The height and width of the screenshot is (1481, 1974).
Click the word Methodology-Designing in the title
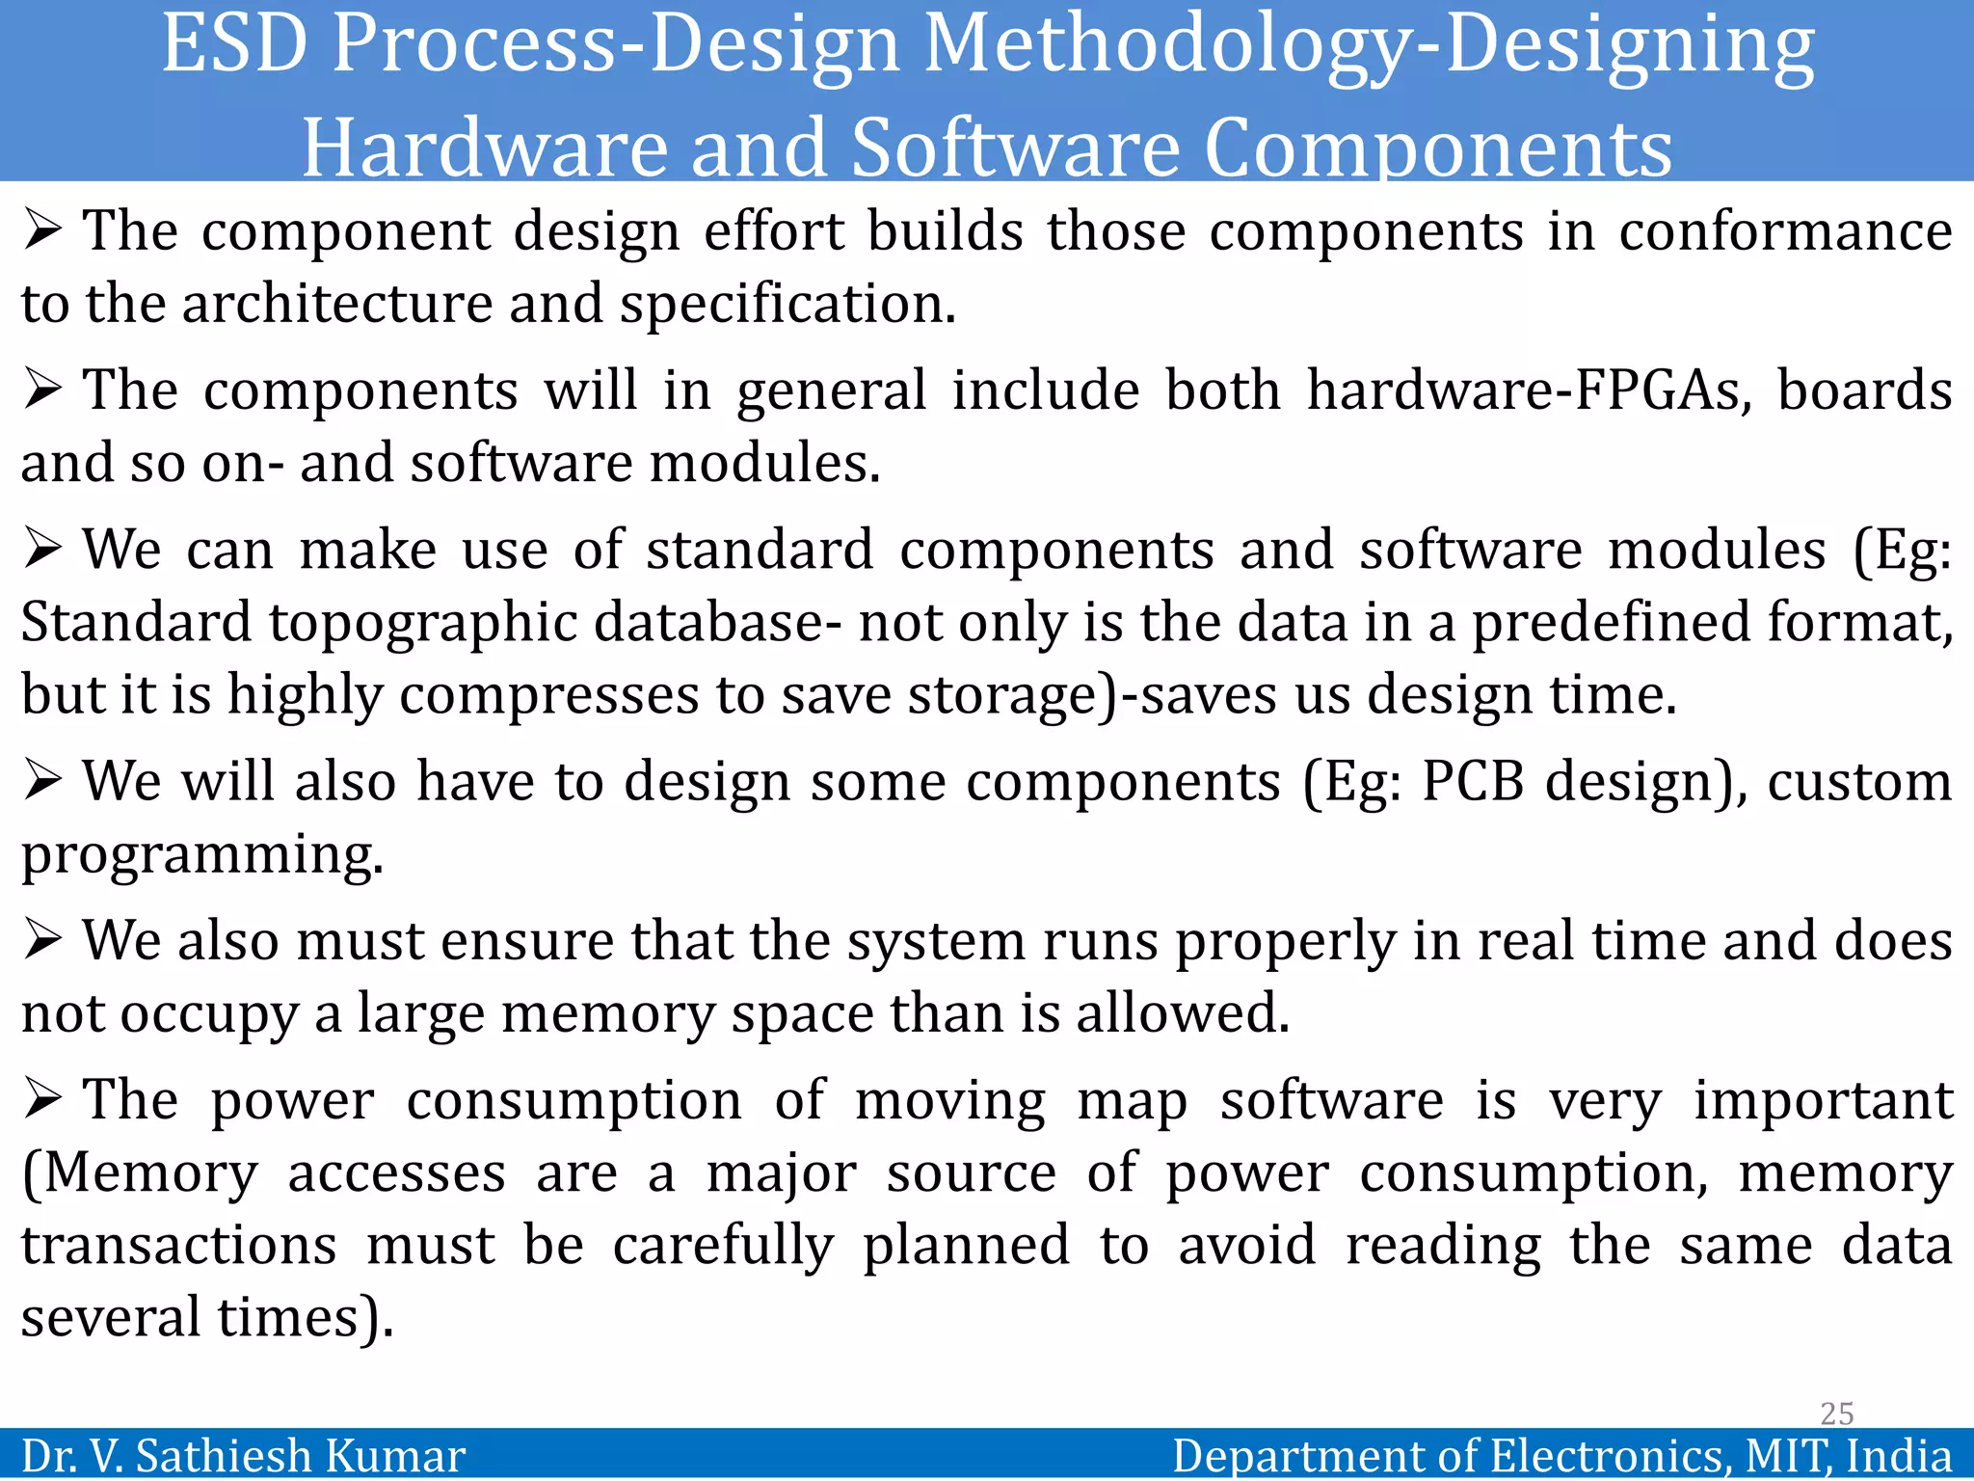click(x=1369, y=46)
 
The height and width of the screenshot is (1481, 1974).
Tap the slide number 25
click(x=1836, y=1414)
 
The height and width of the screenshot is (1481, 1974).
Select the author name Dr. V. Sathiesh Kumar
click(x=243, y=1455)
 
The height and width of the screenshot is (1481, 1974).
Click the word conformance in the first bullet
click(x=1785, y=232)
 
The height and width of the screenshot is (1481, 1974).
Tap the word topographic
click(x=422, y=623)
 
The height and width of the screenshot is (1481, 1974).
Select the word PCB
click(x=1473, y=781)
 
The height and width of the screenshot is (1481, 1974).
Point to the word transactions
click(x=179, y=1246)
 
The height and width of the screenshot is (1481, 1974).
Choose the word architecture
click(x=337, y=305)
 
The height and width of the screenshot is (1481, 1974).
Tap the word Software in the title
click(x=1016, y=148)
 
